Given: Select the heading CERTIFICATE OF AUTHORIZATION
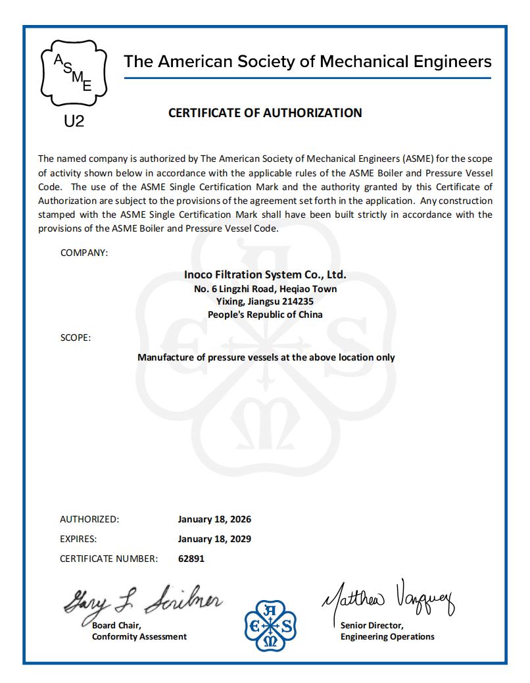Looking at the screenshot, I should pyautogui.click(x=265, y=113).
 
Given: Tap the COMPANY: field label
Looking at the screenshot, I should pyautogui.click(x=84, y=253).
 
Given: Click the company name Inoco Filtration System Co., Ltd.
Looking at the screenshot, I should pyautogui.click(x=265, y=275).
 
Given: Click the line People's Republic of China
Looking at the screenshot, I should pyautogui.click(x=265, y=315).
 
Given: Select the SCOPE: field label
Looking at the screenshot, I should pyautogui.click(x=76, y=338).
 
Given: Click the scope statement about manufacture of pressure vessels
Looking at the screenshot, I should pyautogui.click(x=266, y=357).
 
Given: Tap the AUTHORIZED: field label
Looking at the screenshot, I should pyautogui.click(x=89, y=519).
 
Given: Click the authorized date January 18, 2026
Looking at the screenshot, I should pyautogui.click(x=214, y=519).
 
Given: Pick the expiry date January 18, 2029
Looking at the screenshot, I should pyautogui.click(x=214, y=539).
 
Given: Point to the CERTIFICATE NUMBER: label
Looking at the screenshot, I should pyautogui.click(x=108, y=559).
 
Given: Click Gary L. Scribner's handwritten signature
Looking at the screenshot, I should pyautogui.click(x=143, y=598).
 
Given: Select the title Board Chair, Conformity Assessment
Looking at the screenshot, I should pyautogui.click(x=139, y=631).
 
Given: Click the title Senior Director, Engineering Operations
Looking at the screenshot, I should pyautogui.click(x=387, y=631).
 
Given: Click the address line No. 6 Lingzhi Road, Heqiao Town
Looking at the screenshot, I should pyautogui.click(x=265, y=288).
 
